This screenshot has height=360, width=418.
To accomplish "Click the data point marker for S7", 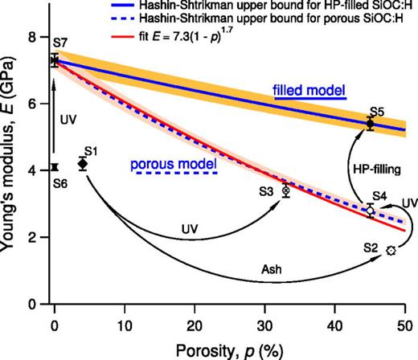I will [54, 60].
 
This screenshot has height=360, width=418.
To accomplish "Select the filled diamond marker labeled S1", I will [83, 164].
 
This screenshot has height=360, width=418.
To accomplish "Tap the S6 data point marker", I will [54, 167].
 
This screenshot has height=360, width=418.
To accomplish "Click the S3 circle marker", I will [286, 190].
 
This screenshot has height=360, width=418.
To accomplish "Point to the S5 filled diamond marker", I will [370, 123].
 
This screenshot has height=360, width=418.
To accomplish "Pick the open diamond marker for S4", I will [370, 211].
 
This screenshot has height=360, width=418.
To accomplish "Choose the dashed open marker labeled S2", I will [391, 251].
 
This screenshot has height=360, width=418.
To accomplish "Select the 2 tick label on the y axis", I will [31, 238].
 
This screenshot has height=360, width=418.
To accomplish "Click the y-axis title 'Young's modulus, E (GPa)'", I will [10, 169].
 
